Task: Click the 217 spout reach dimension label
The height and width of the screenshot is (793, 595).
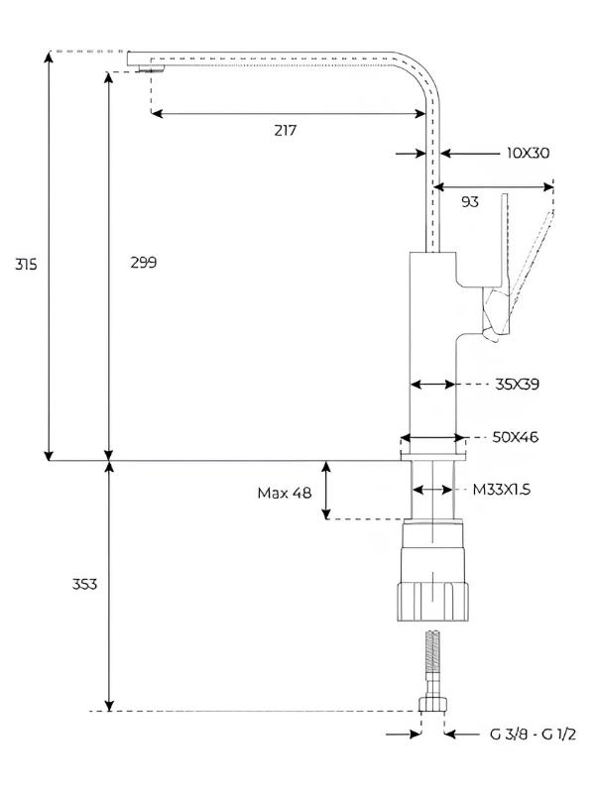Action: (286, 131)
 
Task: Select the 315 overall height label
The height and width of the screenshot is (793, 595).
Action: (26, 264)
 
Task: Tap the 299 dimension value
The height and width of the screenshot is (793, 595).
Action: (144, 263)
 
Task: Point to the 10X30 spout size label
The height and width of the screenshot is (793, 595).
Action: (528, 153)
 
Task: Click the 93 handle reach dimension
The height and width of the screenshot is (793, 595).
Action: (470, 202)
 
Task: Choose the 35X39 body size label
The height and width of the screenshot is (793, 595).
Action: (517, 385)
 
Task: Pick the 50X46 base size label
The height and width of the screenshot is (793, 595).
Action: (515, 437)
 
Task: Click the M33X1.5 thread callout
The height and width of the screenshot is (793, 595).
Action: (502, 490)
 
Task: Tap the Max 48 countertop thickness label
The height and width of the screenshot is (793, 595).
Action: (285, 493)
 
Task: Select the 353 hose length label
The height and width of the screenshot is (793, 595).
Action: (84, 584)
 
